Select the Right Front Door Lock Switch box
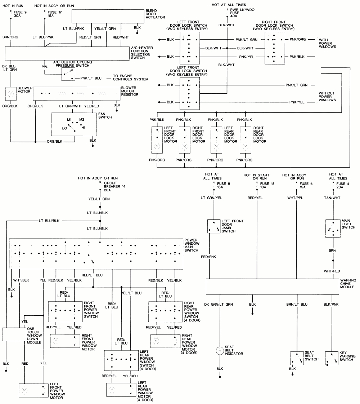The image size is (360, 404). tap(274, 48)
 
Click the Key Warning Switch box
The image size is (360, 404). tap(332, 358)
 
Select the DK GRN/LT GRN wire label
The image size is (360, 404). tap(219, 305)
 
